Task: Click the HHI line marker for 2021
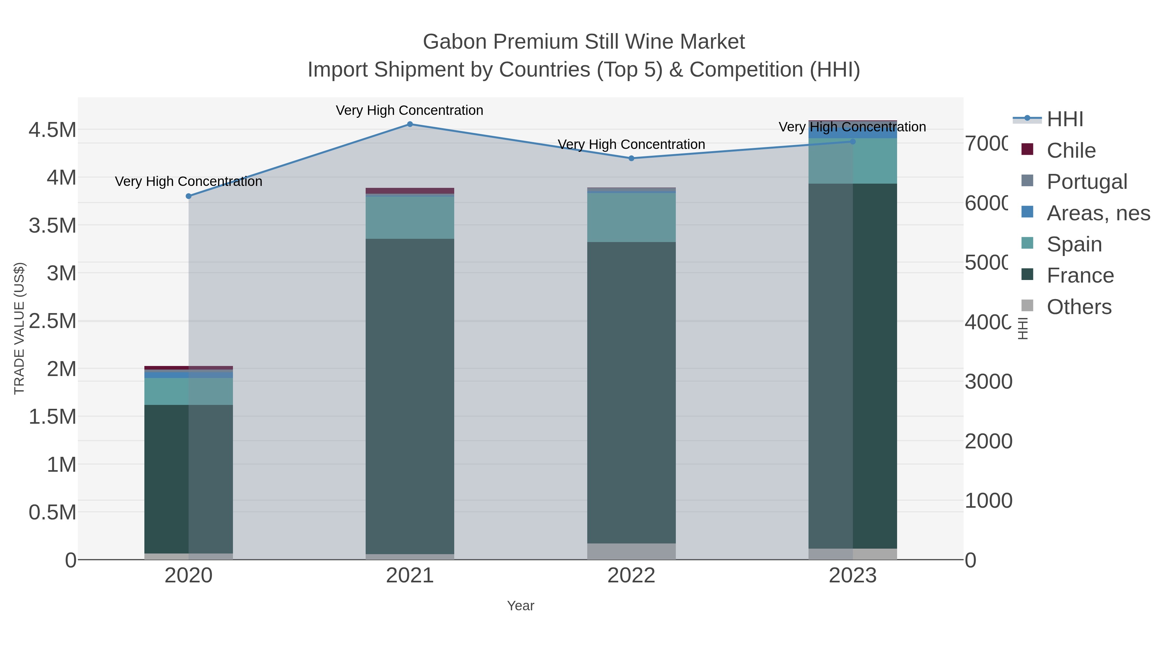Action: (409, 124)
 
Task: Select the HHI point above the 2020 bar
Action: (189, 196)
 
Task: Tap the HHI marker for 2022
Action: (631, 158)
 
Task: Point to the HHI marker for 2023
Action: (852, 141)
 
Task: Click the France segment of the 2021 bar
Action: (409, 395)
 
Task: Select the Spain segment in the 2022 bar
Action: (631, 218)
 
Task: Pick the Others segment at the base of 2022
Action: (631, 551)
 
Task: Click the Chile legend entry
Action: (1071, 151)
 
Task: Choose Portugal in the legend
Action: (1086, 182)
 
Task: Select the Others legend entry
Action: (1079, 307)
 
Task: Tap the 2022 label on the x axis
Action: (631, 576)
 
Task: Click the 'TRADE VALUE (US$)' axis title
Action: (19, 328)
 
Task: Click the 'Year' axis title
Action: (520, 606)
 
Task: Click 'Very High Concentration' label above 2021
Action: (409, 110)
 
